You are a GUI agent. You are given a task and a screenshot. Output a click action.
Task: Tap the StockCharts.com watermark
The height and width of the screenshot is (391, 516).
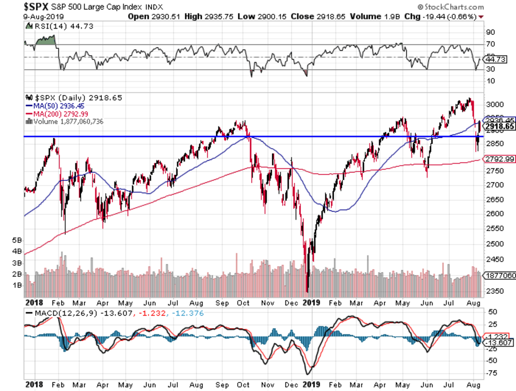coord(451,7)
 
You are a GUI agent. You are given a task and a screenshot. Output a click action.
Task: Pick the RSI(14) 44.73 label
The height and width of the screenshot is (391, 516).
coord(59,26)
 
